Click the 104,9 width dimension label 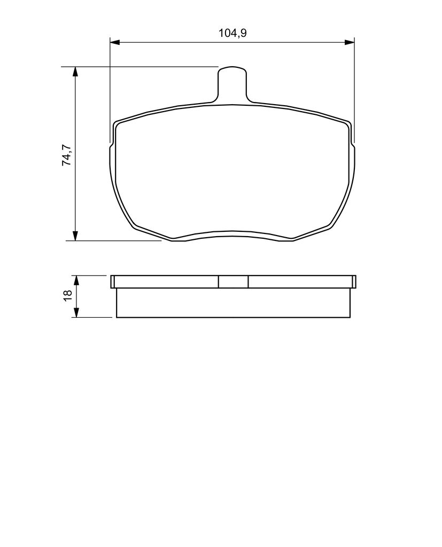[232, 33]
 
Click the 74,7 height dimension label [67, 155]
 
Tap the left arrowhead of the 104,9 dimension [115, 42]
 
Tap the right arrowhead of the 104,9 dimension [350, 42]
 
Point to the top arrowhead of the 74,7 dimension [75, 71]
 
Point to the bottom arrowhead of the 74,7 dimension [75, 236]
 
